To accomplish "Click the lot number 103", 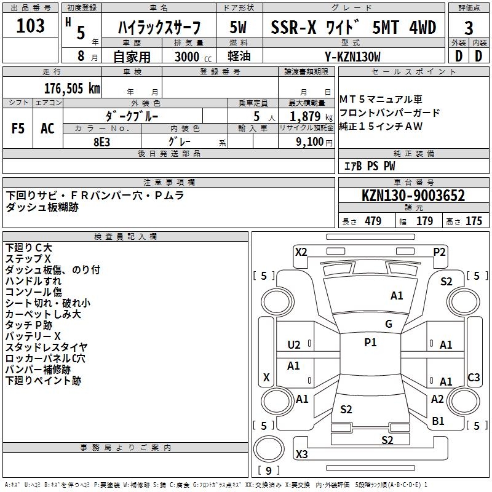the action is click(x=31, y=26).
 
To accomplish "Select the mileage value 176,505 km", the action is click(x=72, y=88).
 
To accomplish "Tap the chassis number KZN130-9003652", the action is click(x=413, y=196).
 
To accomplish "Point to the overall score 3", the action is click(x=469, y=28).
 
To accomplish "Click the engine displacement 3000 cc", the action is click(x=191, y=57).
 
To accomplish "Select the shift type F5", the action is click(x=18, y=129).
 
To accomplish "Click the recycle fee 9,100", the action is click(x=305, y=141).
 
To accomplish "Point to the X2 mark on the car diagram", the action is click(x=301, y=252).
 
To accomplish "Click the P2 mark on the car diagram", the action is click(x=439, y=252).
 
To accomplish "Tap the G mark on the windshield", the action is click(x=389, y=324).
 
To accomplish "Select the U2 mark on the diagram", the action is click(x=294, y=345).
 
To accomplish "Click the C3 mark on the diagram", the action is click(x=474, y=378).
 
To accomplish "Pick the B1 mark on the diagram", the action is click(x=438, y=421).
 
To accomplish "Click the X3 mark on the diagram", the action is click(x=301, y=454).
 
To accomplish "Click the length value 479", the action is click(x=373, y=221).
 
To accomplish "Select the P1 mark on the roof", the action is click(x=370, y=343).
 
